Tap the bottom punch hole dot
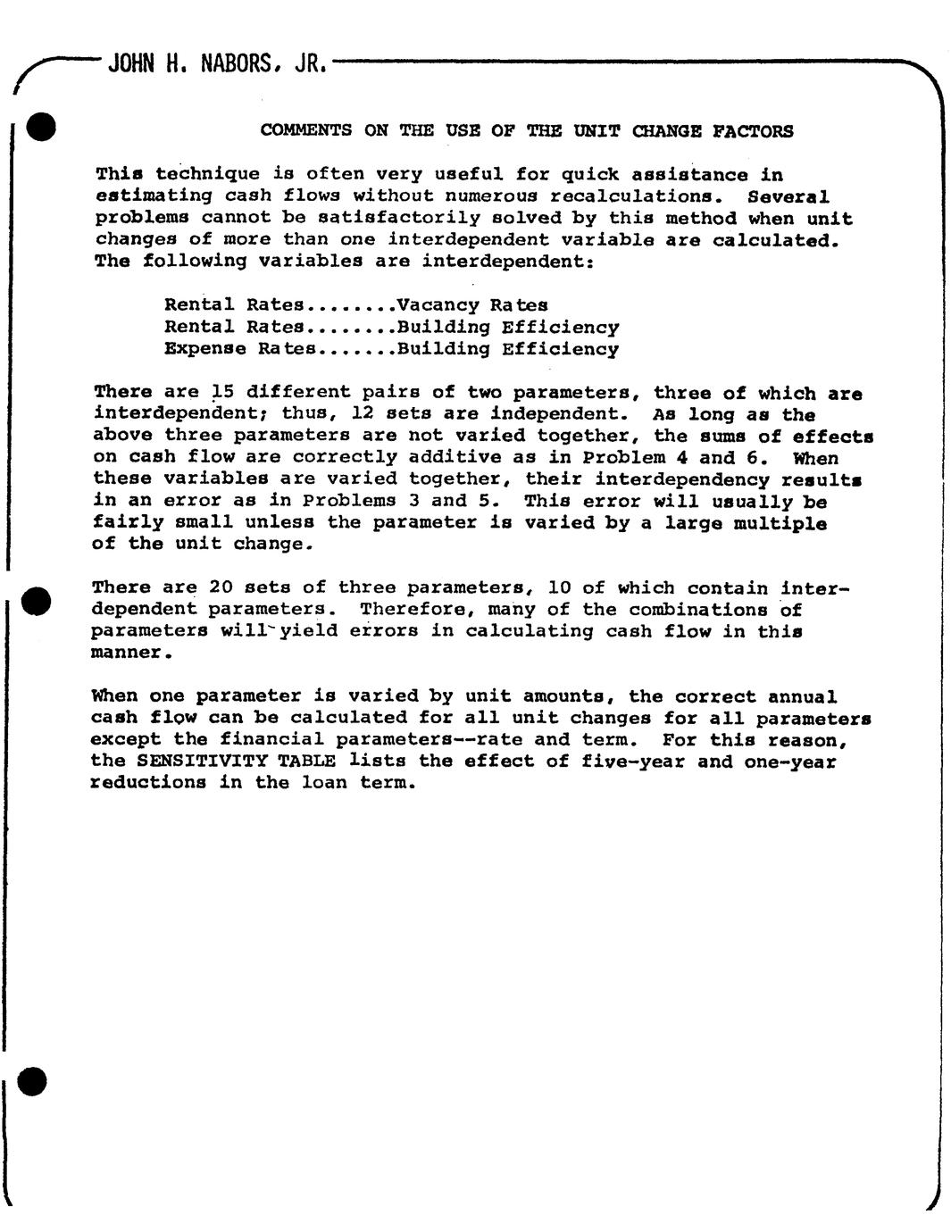33,1080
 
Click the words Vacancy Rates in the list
472,305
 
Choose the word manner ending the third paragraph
128,653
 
